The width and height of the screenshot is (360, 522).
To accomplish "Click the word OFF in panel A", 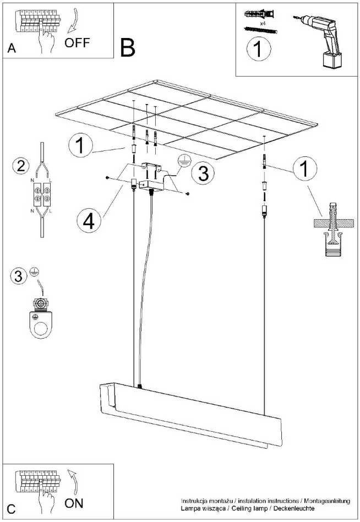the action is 77,42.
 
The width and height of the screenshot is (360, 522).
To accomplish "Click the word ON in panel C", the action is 74,503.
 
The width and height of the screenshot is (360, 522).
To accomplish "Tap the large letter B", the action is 128,47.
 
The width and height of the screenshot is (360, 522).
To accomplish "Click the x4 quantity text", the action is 263,24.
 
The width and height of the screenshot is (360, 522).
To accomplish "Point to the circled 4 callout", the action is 89,221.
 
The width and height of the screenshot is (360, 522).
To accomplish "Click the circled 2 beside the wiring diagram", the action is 20,165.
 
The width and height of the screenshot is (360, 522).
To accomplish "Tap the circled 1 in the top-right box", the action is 259,49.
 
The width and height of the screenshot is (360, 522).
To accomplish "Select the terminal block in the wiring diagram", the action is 42,194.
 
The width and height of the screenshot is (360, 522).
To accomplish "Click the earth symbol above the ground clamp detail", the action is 33,271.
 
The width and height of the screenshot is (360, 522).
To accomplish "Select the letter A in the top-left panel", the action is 12,48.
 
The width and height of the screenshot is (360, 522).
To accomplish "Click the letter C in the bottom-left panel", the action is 12,509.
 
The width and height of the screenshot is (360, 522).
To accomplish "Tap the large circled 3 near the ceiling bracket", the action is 203,173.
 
